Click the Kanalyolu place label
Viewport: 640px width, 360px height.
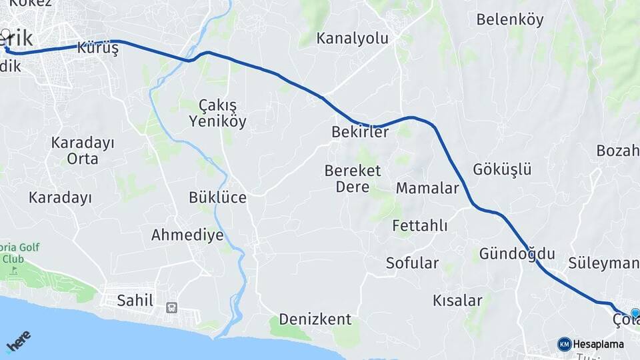[352, 38]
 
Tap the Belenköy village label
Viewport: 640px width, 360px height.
[510, 19]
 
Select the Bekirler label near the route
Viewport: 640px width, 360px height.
[360, 132]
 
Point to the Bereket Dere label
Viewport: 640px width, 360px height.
[353, 179]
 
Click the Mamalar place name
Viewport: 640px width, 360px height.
[427, 188]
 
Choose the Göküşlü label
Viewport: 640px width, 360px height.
[502, 169]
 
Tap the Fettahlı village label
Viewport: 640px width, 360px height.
[420, 225]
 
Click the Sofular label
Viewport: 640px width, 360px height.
[412, 263]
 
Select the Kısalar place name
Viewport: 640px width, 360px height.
[457, 300]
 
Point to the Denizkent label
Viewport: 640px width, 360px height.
[315, 319]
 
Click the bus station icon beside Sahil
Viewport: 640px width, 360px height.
[172, 307]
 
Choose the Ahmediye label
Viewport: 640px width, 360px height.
[187, 235]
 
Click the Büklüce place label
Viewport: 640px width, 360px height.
[217, 197]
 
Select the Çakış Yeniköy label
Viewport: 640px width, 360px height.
[217, 113]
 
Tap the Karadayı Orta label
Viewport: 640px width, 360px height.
[83, 151]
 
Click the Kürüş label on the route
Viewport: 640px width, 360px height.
[97, 48]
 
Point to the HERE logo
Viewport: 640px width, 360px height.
[18, 341]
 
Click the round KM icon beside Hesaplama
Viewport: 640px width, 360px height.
[564, 344]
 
